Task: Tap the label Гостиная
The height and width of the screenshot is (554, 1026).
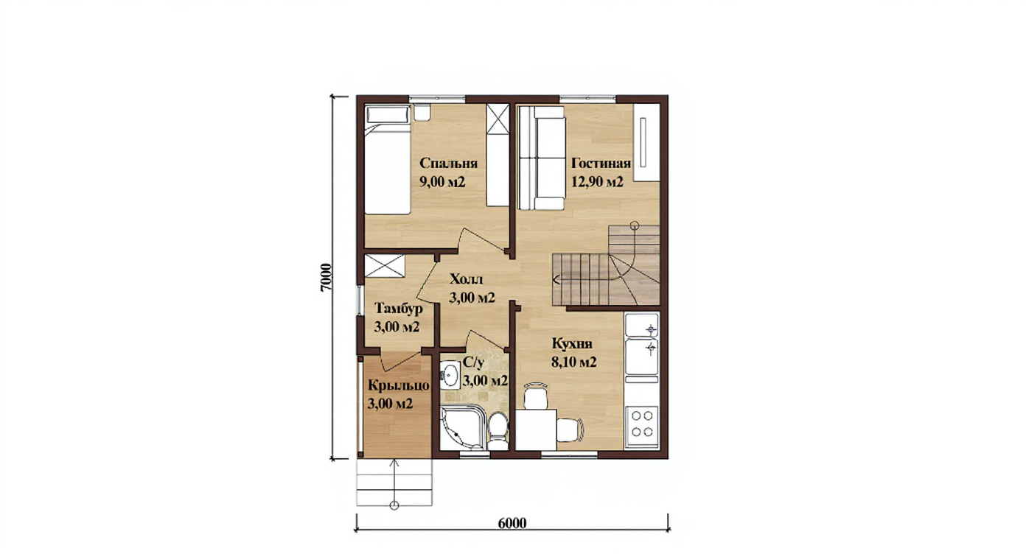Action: pos(601,164)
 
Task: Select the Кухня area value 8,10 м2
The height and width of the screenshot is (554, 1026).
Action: pos(574,362)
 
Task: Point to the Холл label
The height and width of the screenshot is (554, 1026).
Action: pos(467,278)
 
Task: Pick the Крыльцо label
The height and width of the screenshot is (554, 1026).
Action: pos(399,385)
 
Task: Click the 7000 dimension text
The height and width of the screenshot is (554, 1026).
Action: pos(325,278)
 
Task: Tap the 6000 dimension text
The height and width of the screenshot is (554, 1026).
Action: pos(512,523)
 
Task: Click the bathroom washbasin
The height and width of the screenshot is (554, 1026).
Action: pos(450,375)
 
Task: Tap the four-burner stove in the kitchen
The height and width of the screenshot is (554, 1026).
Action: pos(642,424)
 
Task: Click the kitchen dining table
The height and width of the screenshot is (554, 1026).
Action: pos(537,430)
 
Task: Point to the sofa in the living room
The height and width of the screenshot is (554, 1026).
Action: pos(542,158)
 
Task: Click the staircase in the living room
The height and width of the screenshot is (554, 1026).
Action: pos(606,265)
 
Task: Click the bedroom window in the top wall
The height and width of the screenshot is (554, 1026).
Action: pos(437,98)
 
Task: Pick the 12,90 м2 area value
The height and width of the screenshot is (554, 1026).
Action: pos(597,182)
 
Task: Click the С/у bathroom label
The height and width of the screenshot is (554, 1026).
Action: pos(473,362)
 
